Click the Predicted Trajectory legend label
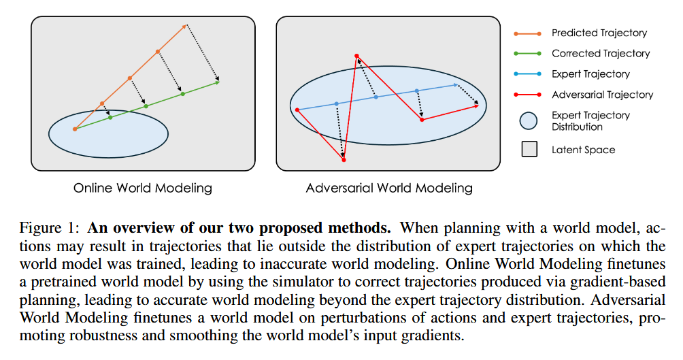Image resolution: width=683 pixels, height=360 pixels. (x=599, y=33)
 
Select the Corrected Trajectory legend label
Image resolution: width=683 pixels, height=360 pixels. (x=601, y=53)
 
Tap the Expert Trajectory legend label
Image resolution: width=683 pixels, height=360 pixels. (x=590, y=73)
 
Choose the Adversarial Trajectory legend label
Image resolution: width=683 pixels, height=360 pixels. (x=602, y=95)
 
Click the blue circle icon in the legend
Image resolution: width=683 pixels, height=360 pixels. (x=529, y=121)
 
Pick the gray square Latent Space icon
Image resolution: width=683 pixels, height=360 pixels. (x=529, y=150)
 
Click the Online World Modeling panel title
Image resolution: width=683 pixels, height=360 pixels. (x=143, y=188)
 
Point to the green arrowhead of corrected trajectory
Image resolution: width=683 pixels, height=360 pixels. (x=218, y=83)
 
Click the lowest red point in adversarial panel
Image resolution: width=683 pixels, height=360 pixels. (x=344, y=160)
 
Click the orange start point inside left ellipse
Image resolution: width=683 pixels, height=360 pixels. (x=75, y=129)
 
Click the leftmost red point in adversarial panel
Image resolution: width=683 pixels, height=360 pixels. (x=297, y=109)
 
